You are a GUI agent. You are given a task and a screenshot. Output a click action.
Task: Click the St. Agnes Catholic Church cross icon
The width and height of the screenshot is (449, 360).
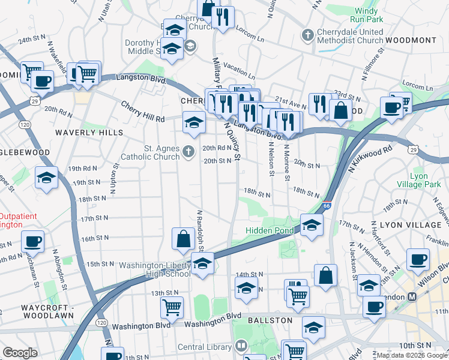click(x=189, y=151)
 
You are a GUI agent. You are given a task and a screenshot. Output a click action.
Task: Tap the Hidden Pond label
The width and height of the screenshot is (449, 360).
click(x=270, y=231)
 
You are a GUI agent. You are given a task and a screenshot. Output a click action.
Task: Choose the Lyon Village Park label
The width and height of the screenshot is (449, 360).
click(x=426, y=181)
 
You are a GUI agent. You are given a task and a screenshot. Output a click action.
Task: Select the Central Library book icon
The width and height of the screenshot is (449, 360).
click(x=240, y=346)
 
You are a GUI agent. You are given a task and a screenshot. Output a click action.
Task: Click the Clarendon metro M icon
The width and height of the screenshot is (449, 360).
click(x=413, y=297)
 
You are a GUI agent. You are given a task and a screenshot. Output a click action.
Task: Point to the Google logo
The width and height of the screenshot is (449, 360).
click(x=20, y=352)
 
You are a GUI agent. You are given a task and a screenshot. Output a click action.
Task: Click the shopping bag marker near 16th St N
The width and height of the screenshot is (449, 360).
click(x=182, y=239)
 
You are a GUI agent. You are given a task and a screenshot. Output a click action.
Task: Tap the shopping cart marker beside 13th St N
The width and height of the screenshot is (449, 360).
click(x=172, y=307)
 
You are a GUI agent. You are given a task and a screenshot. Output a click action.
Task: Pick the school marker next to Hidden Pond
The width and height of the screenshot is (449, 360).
click(x=312, y=225)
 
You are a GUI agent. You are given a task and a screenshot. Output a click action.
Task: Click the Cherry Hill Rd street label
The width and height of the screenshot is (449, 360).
click(x=143, y=112)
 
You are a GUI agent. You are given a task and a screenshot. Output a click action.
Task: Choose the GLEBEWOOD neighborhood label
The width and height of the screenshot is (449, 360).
click(x=24, y=152)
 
